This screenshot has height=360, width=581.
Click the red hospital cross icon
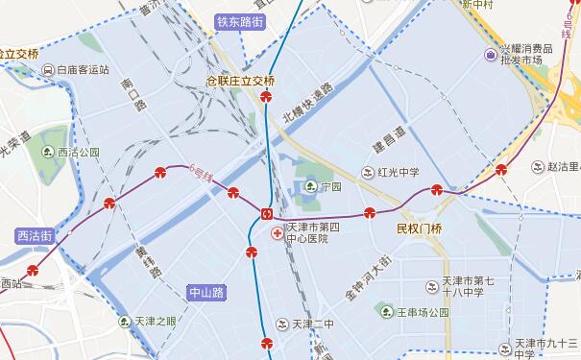tap(278, 233)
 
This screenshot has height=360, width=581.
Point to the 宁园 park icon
tap(310, 186)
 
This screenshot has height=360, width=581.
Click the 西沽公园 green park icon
tap(49, 152)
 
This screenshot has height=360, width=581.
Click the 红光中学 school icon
tap(368, 173)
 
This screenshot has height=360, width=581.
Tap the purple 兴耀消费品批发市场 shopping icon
tap(490, 53)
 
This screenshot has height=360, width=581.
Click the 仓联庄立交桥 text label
tap(248, 82)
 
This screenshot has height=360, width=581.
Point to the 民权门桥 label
tap(419, 228)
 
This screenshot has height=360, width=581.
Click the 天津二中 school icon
tap(281, 323)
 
